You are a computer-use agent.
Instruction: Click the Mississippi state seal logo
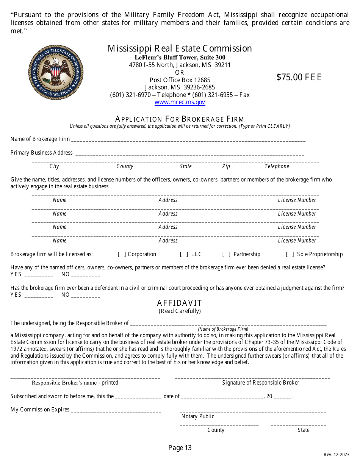pos(56,72)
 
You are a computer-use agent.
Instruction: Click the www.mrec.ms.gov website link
pos(180,102)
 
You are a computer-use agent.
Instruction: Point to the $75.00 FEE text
pos(299,77)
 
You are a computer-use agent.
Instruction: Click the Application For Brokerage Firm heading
pos(180,119)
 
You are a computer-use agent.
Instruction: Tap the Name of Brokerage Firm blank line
pos(188,140)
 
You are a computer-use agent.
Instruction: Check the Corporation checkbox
pos(122,254)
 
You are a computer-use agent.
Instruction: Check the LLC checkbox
pos(184,254)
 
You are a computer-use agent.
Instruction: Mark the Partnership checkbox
pos(226,254)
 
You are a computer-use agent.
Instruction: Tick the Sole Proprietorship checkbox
pos(290,254)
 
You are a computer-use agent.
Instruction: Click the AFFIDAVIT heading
pos(180,303)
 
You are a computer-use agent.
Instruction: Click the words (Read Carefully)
pos(180,311)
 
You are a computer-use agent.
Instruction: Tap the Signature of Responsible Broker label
pos(261,383)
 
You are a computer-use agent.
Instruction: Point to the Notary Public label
pos(198,416)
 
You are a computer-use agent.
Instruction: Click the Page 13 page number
pos(180,448)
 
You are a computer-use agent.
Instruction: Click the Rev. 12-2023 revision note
pos(337,455)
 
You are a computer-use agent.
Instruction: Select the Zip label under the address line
pos(226,166)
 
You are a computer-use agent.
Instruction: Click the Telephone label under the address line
pos(277,166)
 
